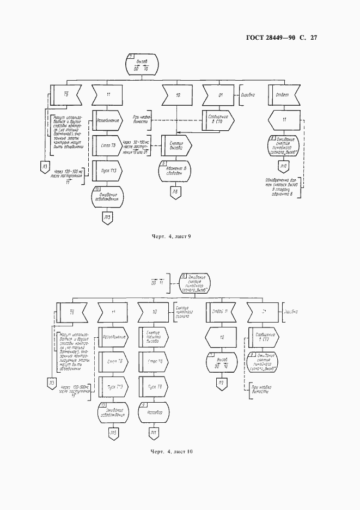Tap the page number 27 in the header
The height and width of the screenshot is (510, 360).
pyautogui.click(x=313, y=38)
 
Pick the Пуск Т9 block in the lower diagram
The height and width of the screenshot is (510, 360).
pyautogui.click(x=154, y=387)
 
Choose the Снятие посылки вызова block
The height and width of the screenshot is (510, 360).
pyautogui.click(x=154, y=336)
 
